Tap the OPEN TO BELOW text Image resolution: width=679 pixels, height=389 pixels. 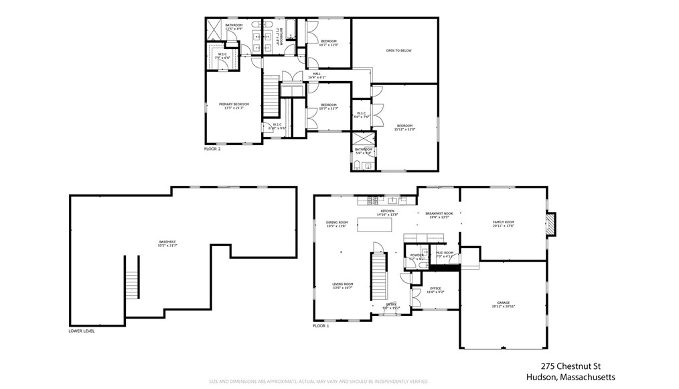tap(398, 50)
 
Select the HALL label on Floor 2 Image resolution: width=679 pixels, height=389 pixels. tap(316, 74)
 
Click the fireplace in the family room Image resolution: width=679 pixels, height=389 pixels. tap(550, 224)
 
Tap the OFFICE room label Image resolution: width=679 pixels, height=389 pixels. tap(435, 289)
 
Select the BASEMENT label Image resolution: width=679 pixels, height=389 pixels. tap(167, 242)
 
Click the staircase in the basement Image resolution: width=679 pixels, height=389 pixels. tap(131, 277)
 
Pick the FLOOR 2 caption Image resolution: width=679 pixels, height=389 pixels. tap(212, 149)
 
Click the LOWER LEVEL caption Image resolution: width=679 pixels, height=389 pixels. tap(82, 331)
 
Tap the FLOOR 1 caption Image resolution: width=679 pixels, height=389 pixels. tap(321, 326)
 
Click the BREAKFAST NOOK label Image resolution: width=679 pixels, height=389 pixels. tap(439, 213)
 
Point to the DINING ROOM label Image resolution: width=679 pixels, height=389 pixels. tap(337, 222)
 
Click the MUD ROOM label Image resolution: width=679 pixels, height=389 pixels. tap(445, 252)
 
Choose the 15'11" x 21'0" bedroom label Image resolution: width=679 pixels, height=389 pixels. tap(405, 126)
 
